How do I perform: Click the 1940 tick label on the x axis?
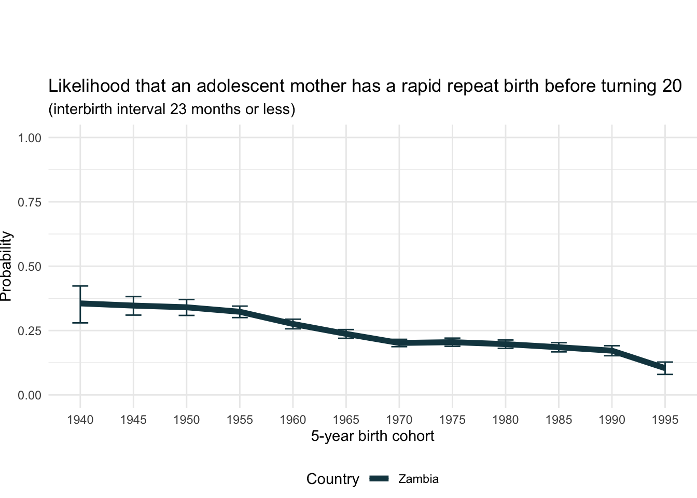80,419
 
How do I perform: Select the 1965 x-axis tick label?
346,419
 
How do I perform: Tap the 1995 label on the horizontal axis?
665,419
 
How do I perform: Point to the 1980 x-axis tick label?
505,419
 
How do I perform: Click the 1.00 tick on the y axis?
30,138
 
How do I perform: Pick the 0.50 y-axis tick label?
30,267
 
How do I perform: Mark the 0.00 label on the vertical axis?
30,395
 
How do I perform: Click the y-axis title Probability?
6,266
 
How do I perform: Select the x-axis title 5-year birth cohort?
372,436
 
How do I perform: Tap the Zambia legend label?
418,479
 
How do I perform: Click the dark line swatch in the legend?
382,479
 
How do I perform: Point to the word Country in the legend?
332,479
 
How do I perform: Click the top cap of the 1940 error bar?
80,286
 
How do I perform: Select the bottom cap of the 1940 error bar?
80,323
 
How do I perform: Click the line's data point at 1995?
665,368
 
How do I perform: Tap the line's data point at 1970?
399,343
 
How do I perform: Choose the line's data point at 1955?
240,312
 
